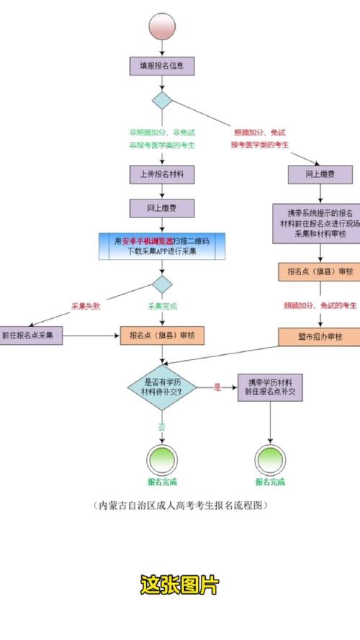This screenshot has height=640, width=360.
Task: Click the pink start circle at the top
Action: [161, 27]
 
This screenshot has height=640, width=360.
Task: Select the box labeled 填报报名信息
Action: [162, 66]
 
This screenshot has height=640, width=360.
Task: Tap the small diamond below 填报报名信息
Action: [162, 100]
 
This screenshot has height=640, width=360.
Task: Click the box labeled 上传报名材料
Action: [162, 173]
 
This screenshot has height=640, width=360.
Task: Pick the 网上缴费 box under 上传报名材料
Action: [162, 208]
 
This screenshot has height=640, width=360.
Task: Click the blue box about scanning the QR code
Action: [162, 246]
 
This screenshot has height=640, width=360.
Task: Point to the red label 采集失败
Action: [86, 306]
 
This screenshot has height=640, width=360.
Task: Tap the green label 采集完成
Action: [163, 306]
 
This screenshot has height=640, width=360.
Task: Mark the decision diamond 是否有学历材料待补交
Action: [163, 387]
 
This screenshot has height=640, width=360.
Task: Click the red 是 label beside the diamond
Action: [217, 387]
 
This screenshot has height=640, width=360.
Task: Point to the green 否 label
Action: [163, 426]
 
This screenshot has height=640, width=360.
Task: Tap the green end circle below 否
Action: [162, 458]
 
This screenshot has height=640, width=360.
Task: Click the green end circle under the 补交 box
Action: [270, 458]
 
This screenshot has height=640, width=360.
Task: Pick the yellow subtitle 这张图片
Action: [179, 585]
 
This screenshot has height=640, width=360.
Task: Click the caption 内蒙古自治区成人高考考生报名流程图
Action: [179, 505]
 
